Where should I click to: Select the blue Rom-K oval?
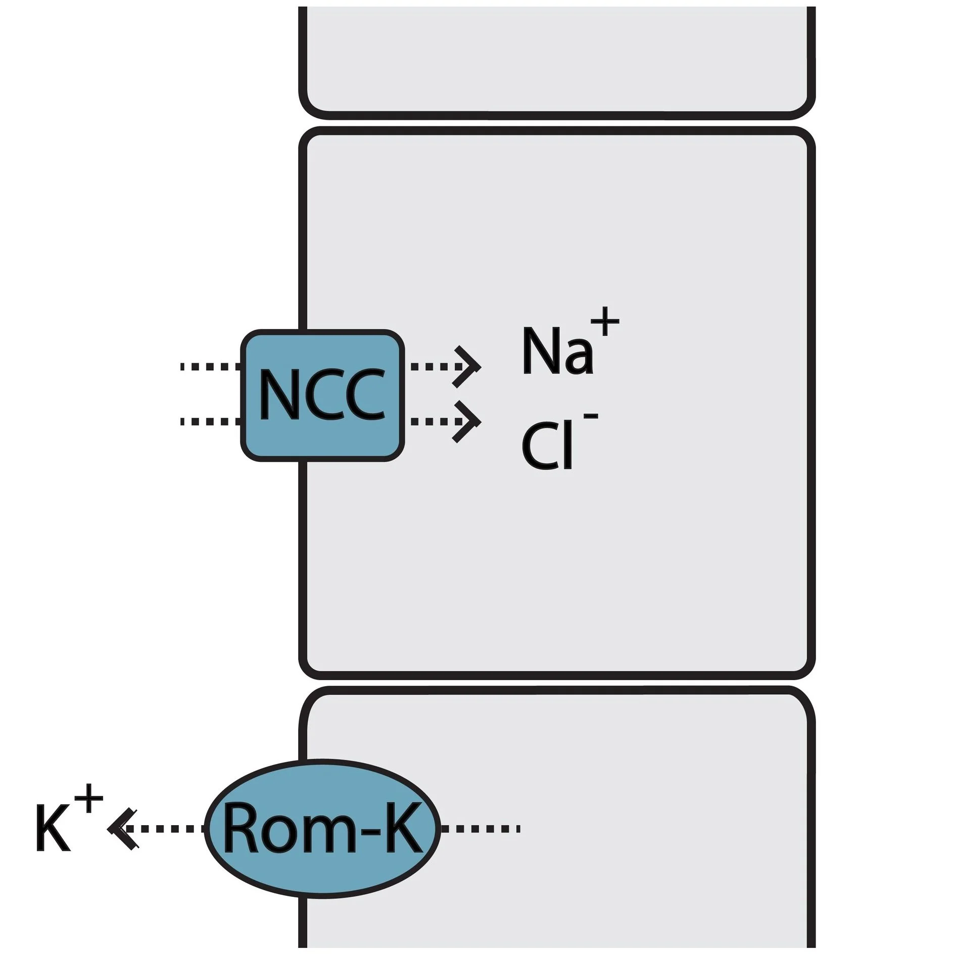pos(322,829)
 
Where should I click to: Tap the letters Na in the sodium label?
pos(556,352)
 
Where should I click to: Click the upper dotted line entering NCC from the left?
pos(210,367)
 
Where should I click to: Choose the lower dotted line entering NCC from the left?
pos(210,421)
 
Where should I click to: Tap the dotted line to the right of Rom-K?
pos(480,828)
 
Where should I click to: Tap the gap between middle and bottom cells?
pos(556,683)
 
